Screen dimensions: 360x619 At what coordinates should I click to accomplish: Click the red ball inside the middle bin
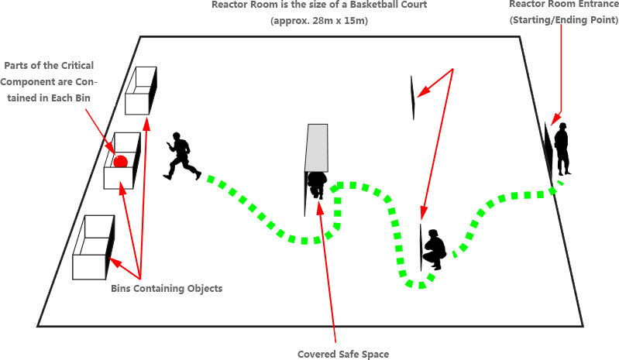[120, 162]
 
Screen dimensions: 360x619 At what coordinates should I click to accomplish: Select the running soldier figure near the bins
[181, 156]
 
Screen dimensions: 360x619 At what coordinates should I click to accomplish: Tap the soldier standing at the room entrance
[561, 149]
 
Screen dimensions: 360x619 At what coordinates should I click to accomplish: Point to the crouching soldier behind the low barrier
[434, 249]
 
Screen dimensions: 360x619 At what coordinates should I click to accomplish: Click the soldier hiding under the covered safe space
[317, 184]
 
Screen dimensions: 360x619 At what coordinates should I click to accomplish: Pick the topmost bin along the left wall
[143, 89]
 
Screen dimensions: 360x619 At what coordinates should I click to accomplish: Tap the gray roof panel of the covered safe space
[317, 146]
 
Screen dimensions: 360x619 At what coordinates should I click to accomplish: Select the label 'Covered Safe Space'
[342, 354]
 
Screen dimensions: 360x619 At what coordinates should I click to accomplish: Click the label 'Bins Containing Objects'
[167, 289]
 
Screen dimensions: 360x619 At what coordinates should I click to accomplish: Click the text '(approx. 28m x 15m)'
[318, 21]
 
